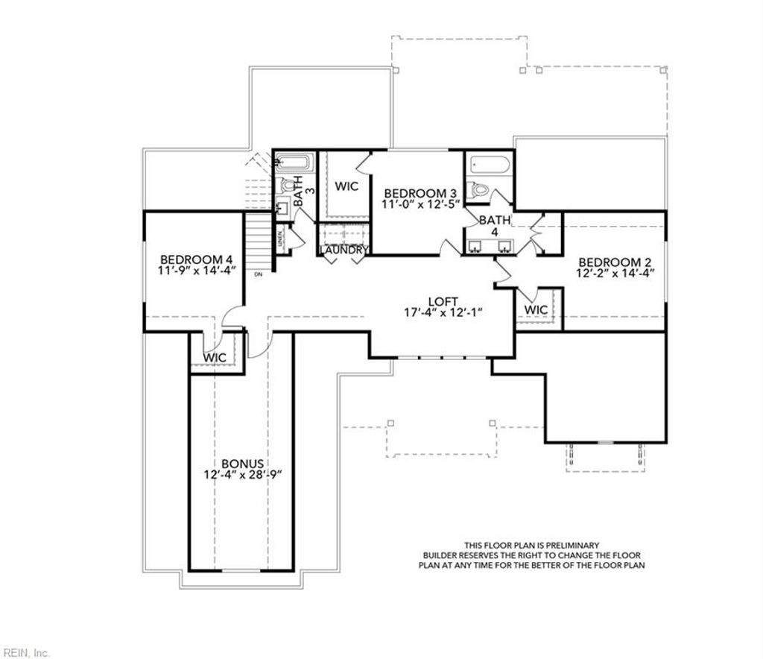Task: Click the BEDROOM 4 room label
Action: (197, 259)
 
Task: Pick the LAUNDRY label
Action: (343, 250)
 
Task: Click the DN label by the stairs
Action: (259, 275)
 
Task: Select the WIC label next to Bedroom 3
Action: (346, 186)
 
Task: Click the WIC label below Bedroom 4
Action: (215, 358)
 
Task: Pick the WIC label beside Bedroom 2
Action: (536, 310)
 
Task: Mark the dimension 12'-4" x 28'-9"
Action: (242, 475)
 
